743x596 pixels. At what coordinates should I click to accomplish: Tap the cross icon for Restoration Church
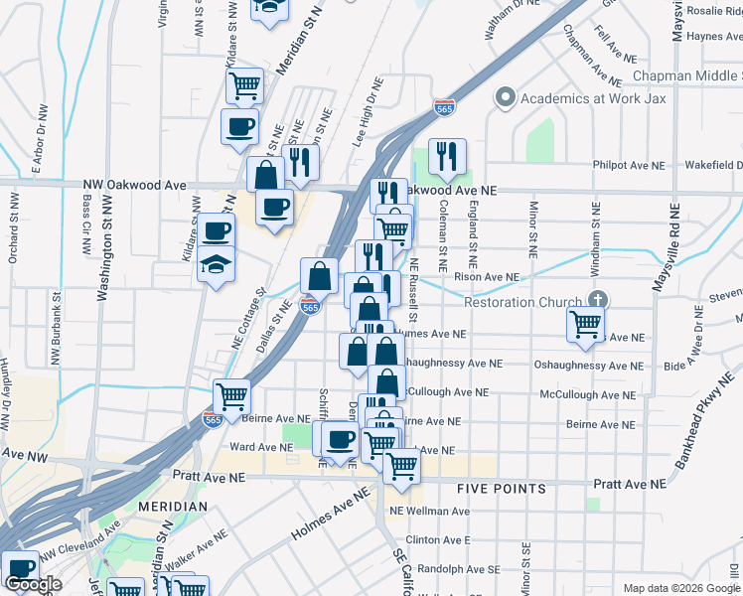(597, 299)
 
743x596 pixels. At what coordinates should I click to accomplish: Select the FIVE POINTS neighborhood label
(501, 489)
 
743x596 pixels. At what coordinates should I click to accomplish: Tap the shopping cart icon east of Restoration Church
(585, 323)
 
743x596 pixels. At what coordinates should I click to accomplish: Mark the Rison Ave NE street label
(487, 277)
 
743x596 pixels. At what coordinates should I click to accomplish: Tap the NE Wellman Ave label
(429, 512)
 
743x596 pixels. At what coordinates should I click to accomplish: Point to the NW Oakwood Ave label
(135, 185)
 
